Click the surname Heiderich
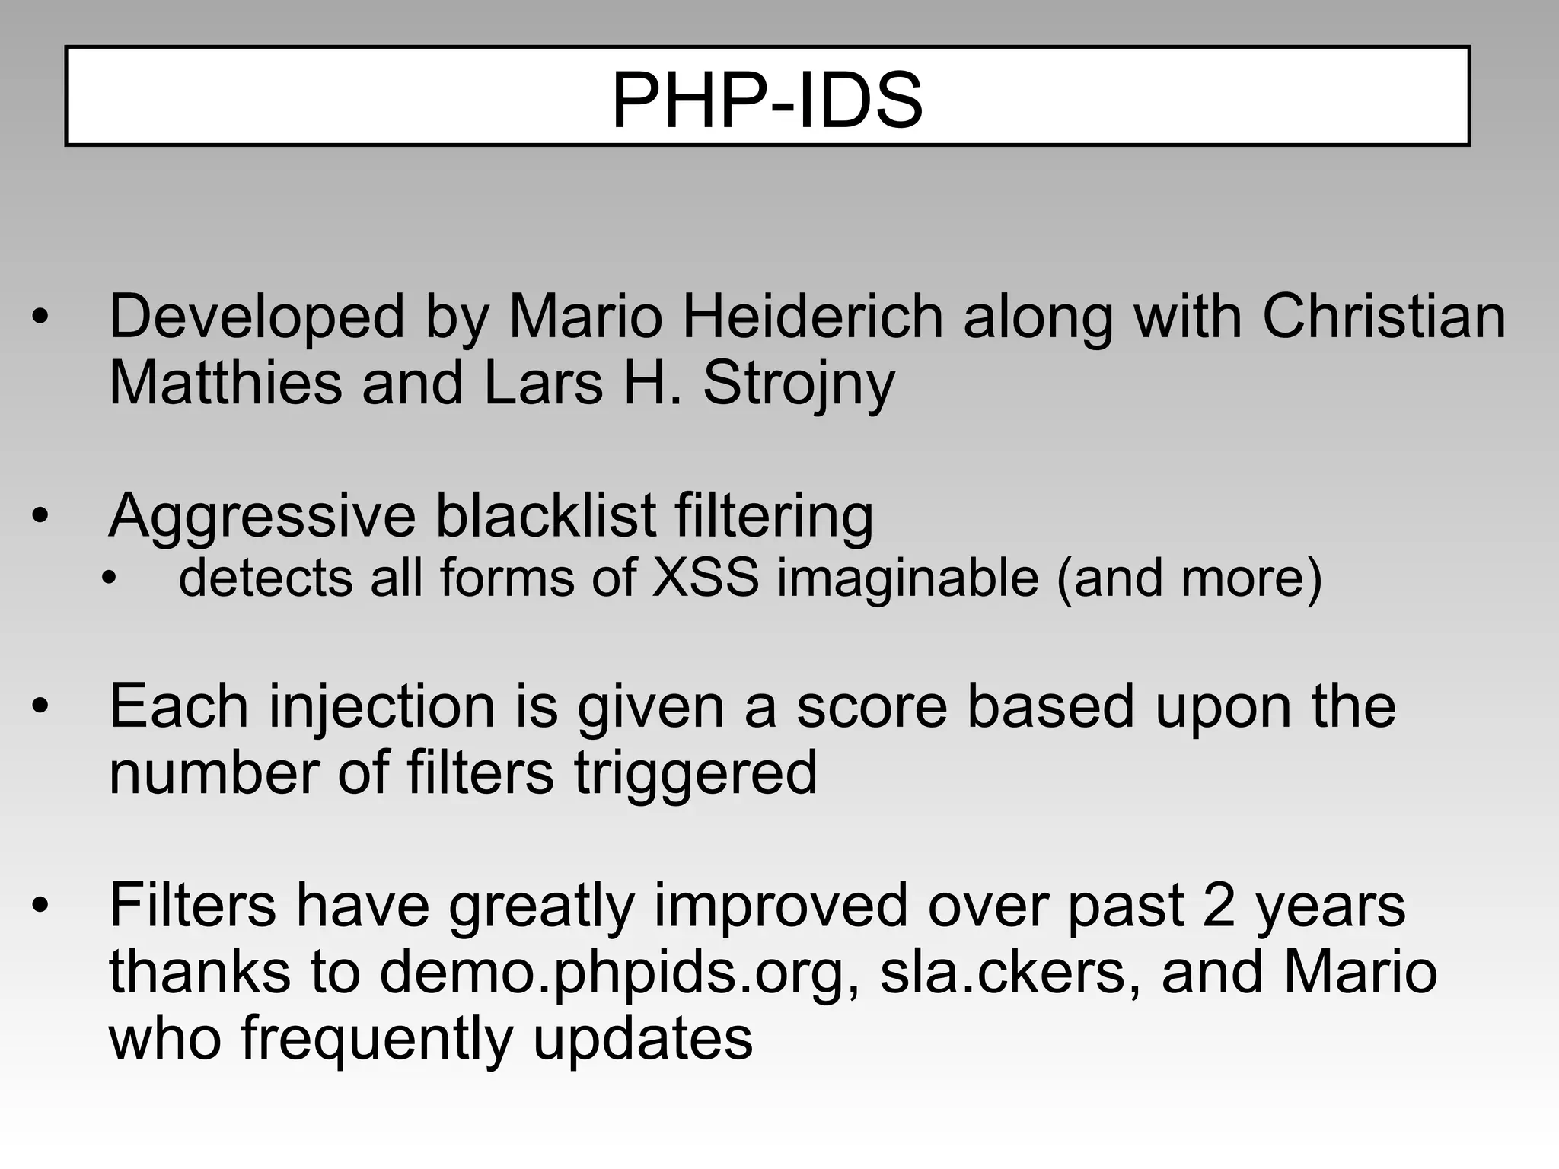coord(812,317)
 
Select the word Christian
coord(1384,317)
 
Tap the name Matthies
coord(225,383)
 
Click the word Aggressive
coord(262,517)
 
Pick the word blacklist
coord(545,515)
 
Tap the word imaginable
coord(907,579)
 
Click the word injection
coord(383,707)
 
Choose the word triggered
coord(695,773)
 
